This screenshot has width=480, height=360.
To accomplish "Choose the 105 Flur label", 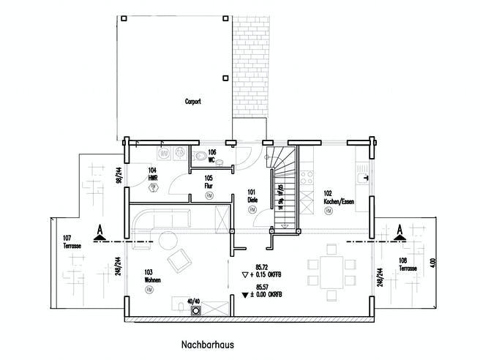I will (x=209, y=182).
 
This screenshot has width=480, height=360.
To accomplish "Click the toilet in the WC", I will (x=199, y=154).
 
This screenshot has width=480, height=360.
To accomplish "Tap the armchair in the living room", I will (x=178, y=260).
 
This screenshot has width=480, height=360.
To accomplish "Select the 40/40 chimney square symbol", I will (x=196, y=310).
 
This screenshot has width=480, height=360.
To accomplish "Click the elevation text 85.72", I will (x=262, y=268).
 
